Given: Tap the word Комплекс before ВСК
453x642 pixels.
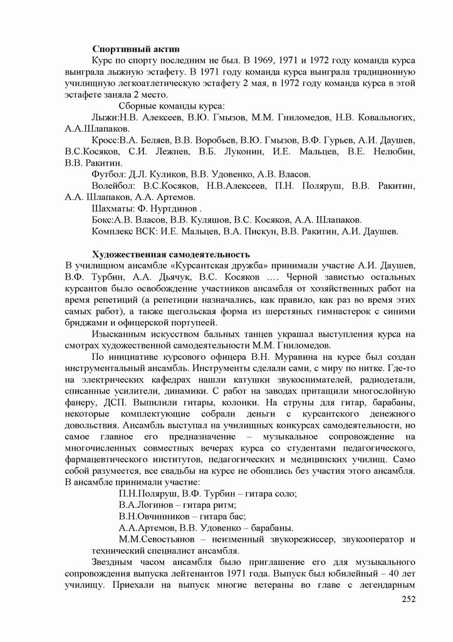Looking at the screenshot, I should (x=113, y=231).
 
